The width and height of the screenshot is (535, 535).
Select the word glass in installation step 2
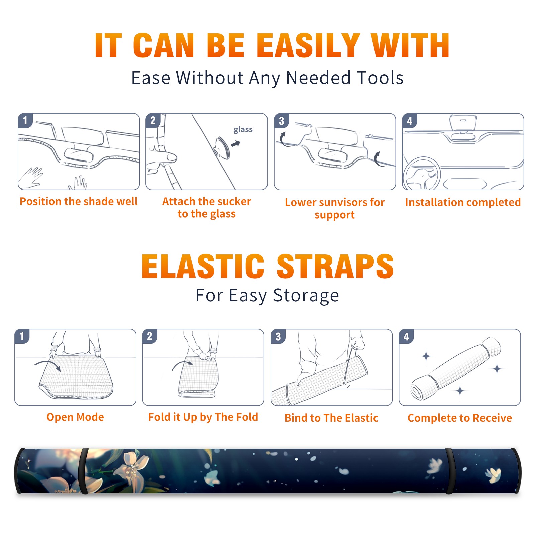point(243,130)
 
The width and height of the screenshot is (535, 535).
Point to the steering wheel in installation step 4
point(422,174)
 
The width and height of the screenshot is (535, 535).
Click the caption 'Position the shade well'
point(79,201)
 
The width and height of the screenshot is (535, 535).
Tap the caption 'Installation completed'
point(463,202)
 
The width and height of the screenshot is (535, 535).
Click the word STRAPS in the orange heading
point(335,266)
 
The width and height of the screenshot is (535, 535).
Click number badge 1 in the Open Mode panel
point(22,336)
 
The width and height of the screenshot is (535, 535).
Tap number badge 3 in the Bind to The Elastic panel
point(278,336)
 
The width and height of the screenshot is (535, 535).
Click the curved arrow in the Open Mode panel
point(48,365)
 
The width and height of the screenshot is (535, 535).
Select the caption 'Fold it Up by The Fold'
point(203,417)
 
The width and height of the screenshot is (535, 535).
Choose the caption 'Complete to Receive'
point(460,418)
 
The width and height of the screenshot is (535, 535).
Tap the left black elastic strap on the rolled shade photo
point(83,471)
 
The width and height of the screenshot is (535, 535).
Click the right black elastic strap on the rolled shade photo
point(450,471)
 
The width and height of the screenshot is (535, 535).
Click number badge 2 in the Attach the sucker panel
point(153,121)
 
